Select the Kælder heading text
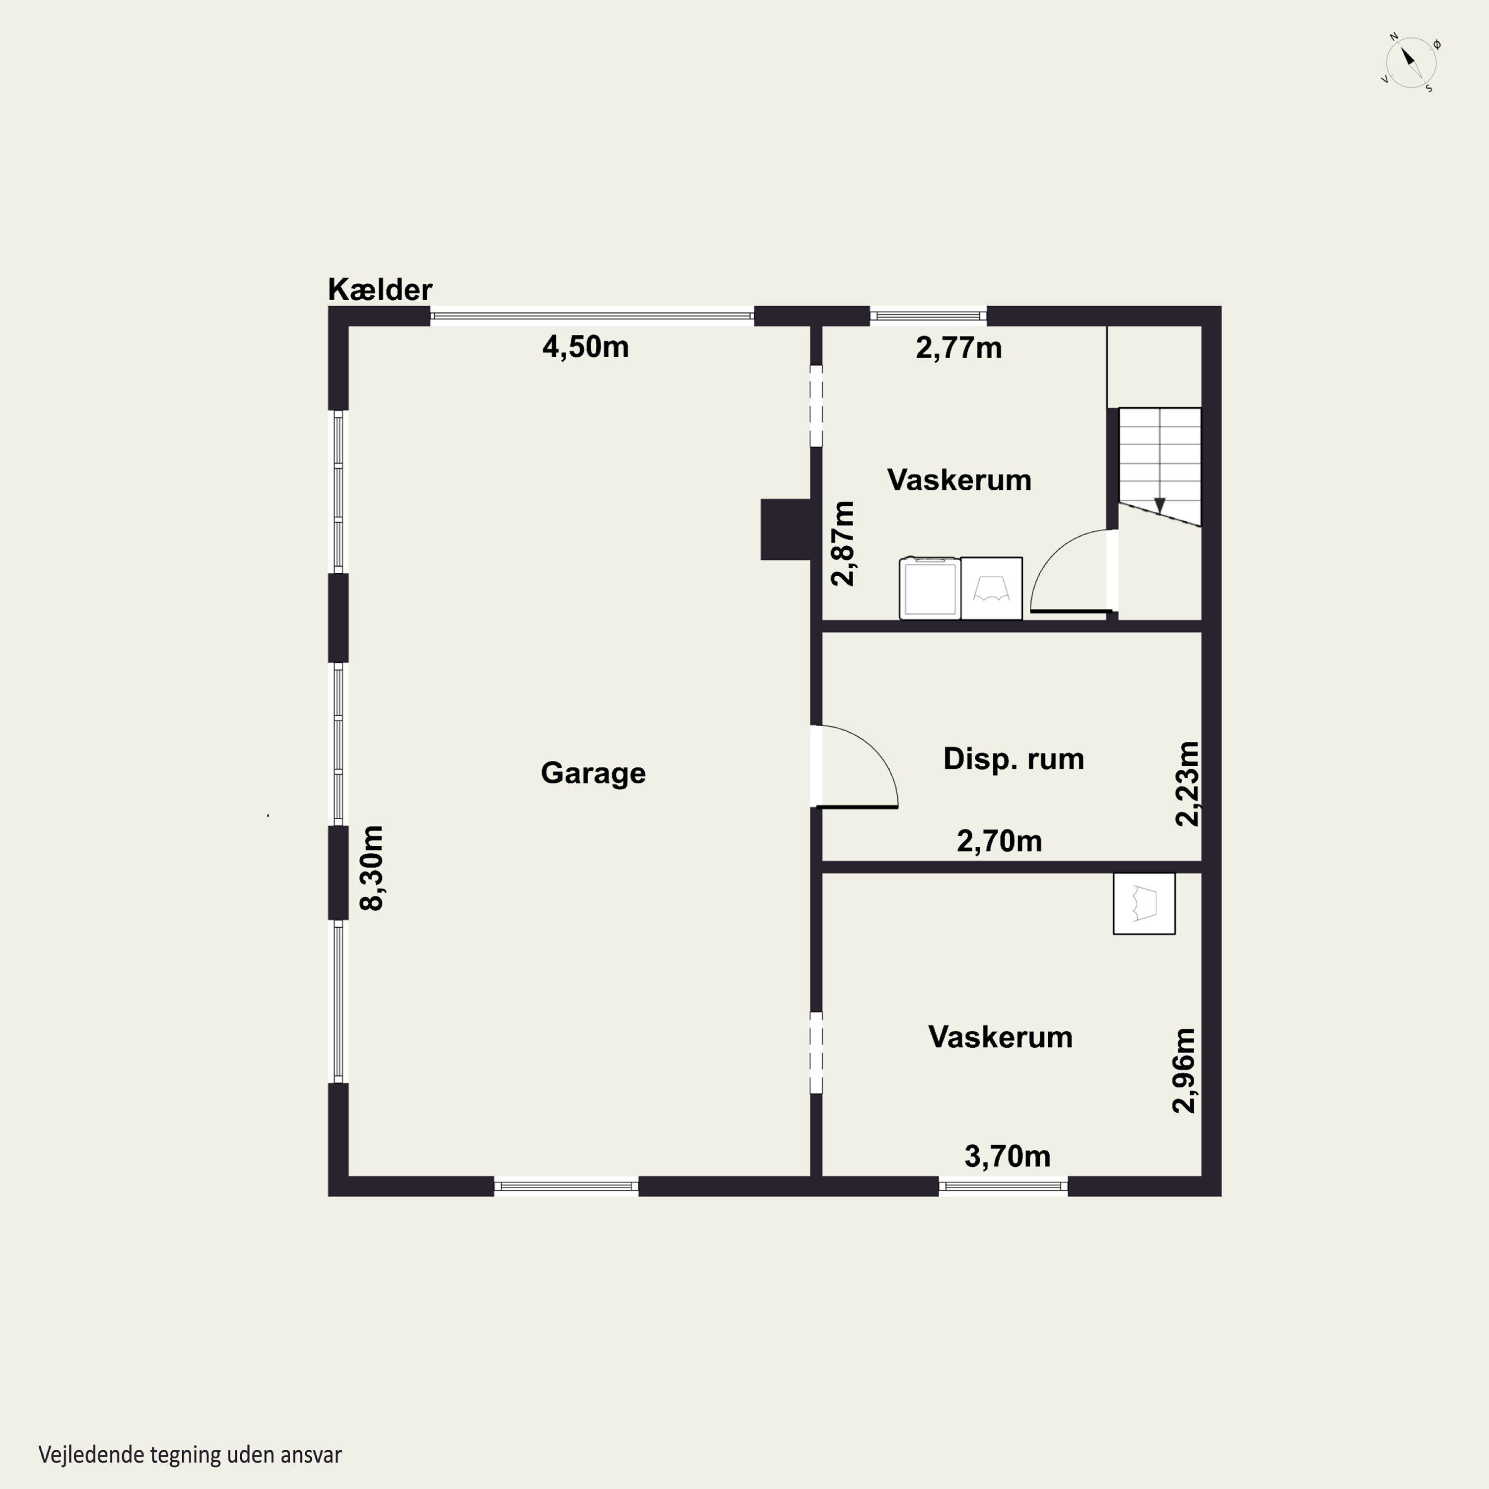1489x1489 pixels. point(380,290)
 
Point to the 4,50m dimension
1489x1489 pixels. point(586,347)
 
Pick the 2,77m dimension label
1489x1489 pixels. point(959,347)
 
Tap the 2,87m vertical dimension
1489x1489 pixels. point(843,543)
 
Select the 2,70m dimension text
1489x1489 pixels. point(1000,841)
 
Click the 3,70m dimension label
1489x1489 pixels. point(1008,1156)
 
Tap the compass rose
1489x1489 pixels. point(1411,63)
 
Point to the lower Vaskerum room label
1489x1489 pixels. point(1001,1037)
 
